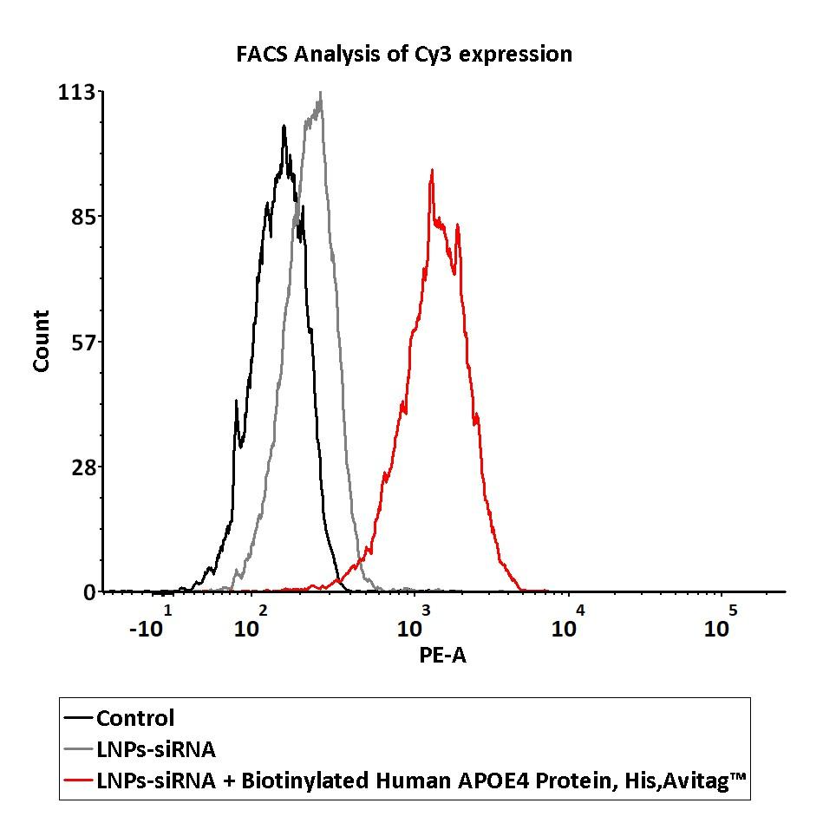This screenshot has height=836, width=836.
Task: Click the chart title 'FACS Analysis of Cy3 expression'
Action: (404, 54)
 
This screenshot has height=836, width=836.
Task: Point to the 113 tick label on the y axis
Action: (76, 92)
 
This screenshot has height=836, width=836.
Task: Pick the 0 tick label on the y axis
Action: (89, 592)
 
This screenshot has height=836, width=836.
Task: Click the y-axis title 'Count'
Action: (41, 341)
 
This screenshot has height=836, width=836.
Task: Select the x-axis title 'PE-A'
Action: (442, 656)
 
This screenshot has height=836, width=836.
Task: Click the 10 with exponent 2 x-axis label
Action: (251, 625)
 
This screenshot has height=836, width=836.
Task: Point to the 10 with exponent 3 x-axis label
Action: (413, 625)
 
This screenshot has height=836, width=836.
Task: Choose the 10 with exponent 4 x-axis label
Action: (568, 625)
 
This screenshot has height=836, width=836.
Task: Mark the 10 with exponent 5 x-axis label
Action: (720, 625)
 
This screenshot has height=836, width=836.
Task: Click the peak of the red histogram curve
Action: (431, 171)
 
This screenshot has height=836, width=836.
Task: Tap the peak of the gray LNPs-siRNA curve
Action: (321, 93)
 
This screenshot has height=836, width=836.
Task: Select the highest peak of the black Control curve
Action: (284, 127)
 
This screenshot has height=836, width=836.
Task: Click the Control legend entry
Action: (135, 718)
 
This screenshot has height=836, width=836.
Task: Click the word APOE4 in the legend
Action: (483, 783)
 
